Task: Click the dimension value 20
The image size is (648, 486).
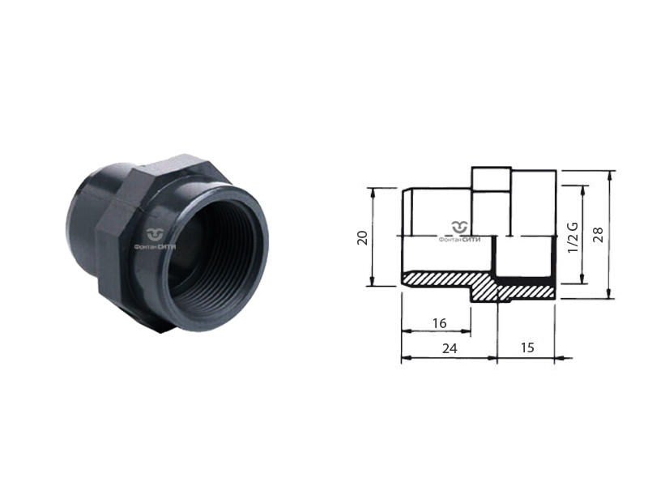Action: click(362, 237)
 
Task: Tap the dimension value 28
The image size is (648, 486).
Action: click(598, 234)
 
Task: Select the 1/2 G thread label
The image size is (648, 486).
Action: click(573, 237)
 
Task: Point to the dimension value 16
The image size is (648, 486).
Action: click(439, 323)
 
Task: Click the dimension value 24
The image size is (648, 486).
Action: click(450, 349)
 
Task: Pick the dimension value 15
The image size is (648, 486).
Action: click(527, 348)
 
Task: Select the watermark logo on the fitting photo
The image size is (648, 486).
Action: click(156, 235)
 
